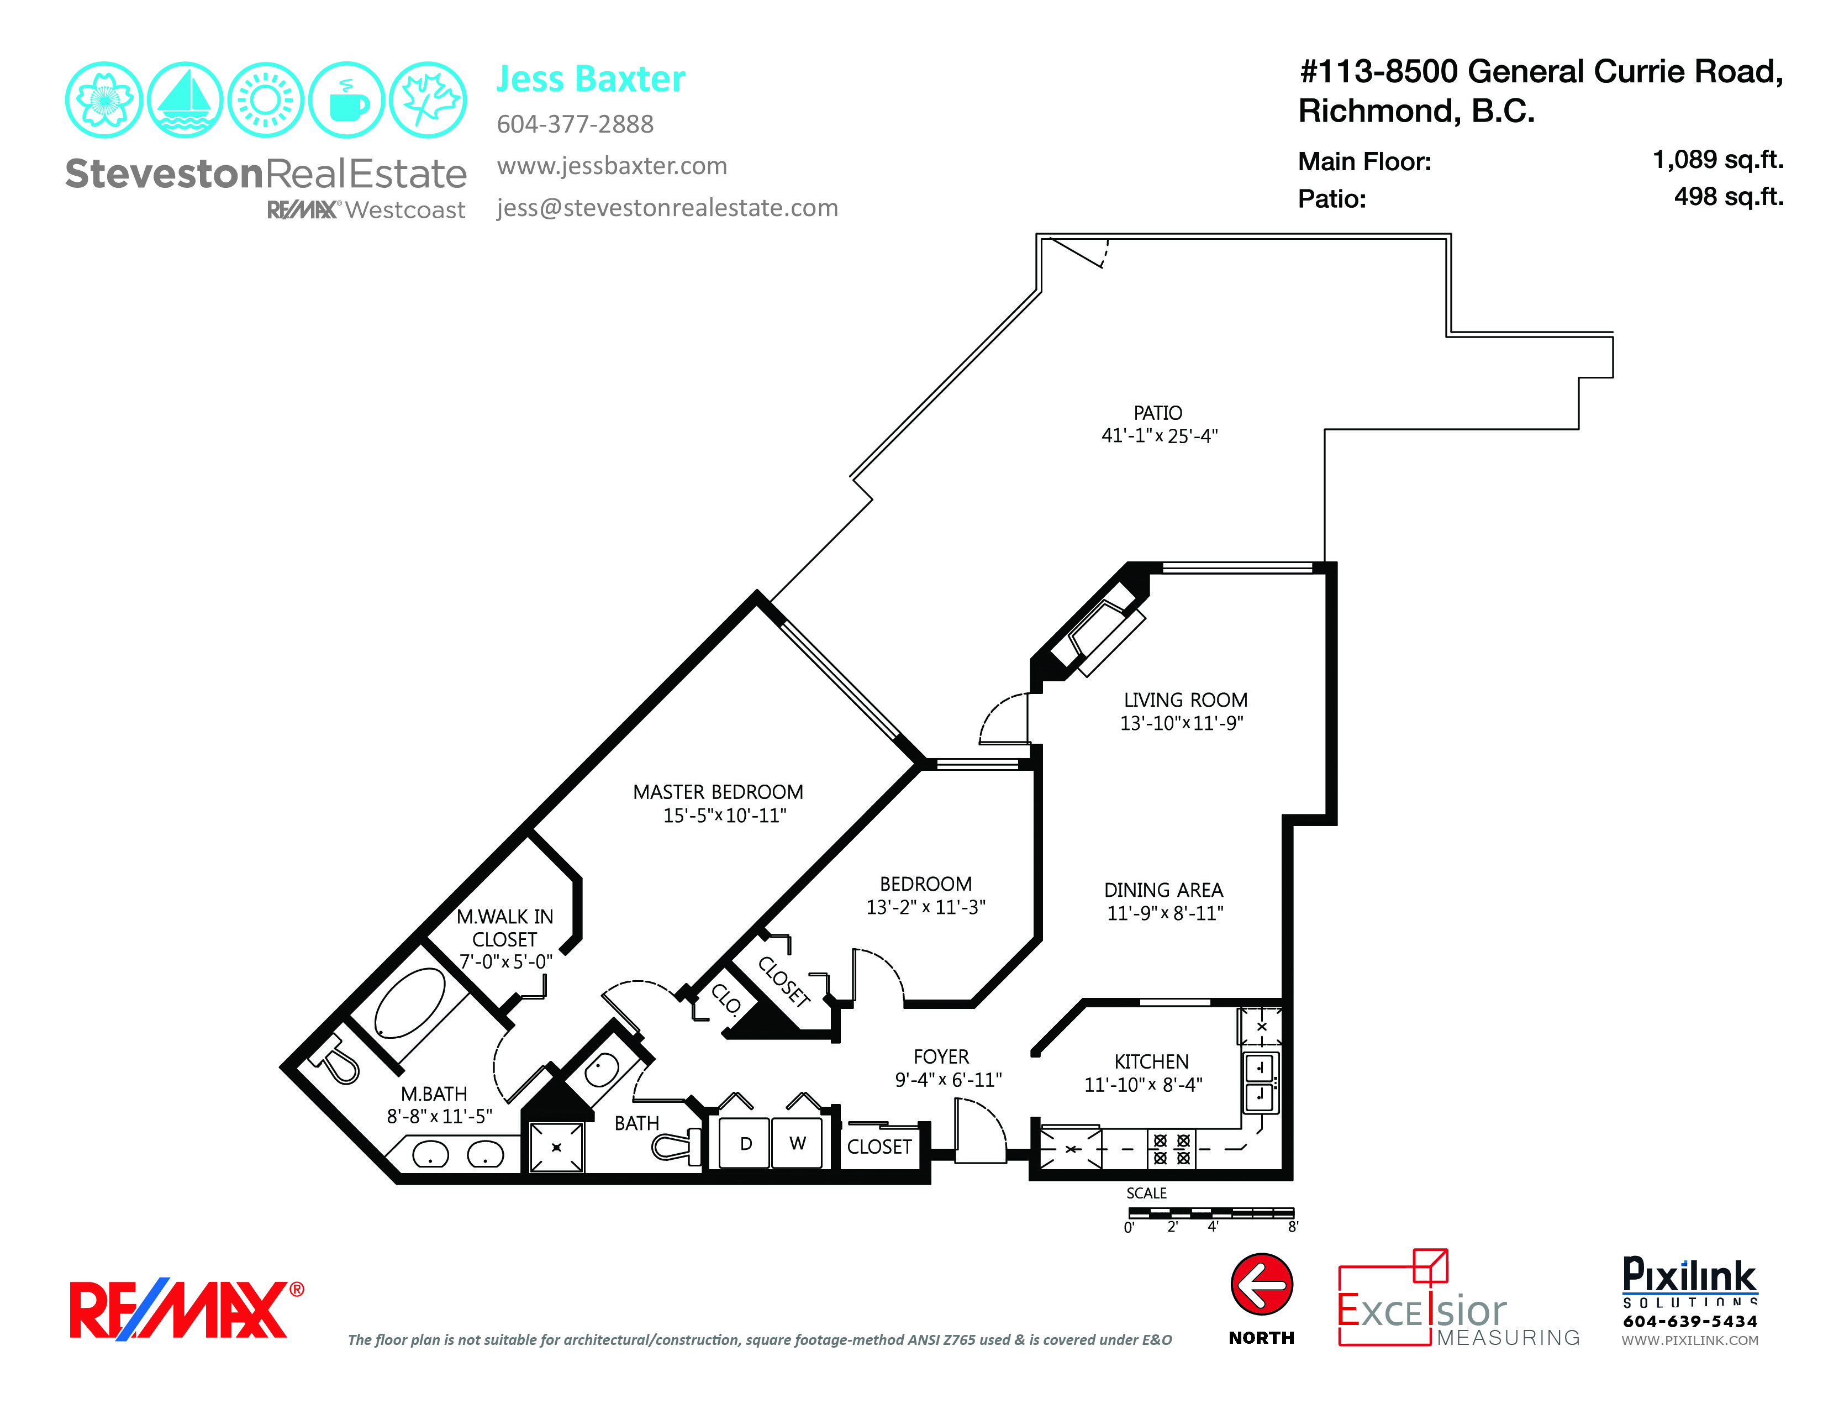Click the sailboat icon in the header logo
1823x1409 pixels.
185,100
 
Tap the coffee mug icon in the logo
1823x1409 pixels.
346,100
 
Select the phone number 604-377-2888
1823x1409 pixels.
575,124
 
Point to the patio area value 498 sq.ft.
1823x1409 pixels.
1728,197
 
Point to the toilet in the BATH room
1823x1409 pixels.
676,1145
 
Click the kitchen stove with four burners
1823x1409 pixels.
1171,1149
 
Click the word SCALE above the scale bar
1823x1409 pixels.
1146,1194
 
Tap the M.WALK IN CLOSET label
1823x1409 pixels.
504,927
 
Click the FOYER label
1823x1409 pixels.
941,1056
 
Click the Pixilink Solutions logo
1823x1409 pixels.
1689,1300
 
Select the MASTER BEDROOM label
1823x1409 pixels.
718,792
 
